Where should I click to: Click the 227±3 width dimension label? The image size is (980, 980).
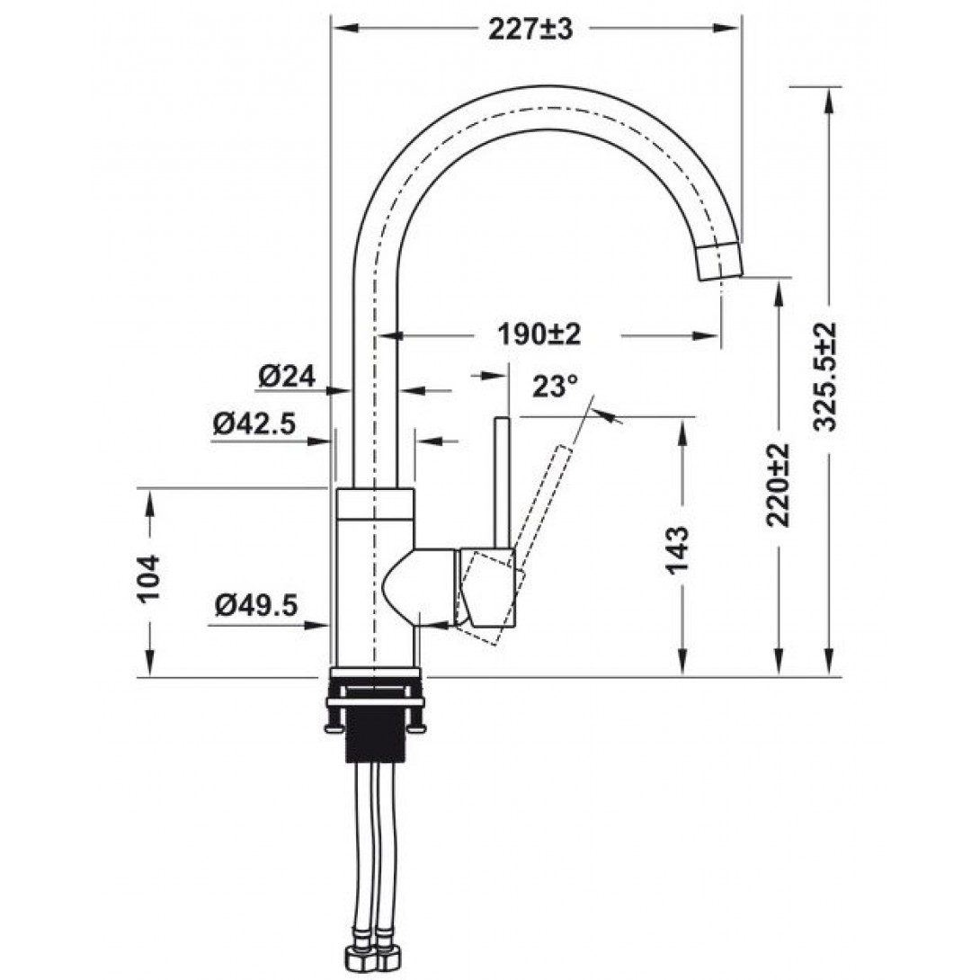click(530, 29)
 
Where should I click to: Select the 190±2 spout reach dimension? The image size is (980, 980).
click(540, 334)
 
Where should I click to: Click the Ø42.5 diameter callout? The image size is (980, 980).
click(254, 423)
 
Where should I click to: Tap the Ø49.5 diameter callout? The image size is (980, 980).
click(256, 607)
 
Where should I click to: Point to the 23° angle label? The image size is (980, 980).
click(555, 387)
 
